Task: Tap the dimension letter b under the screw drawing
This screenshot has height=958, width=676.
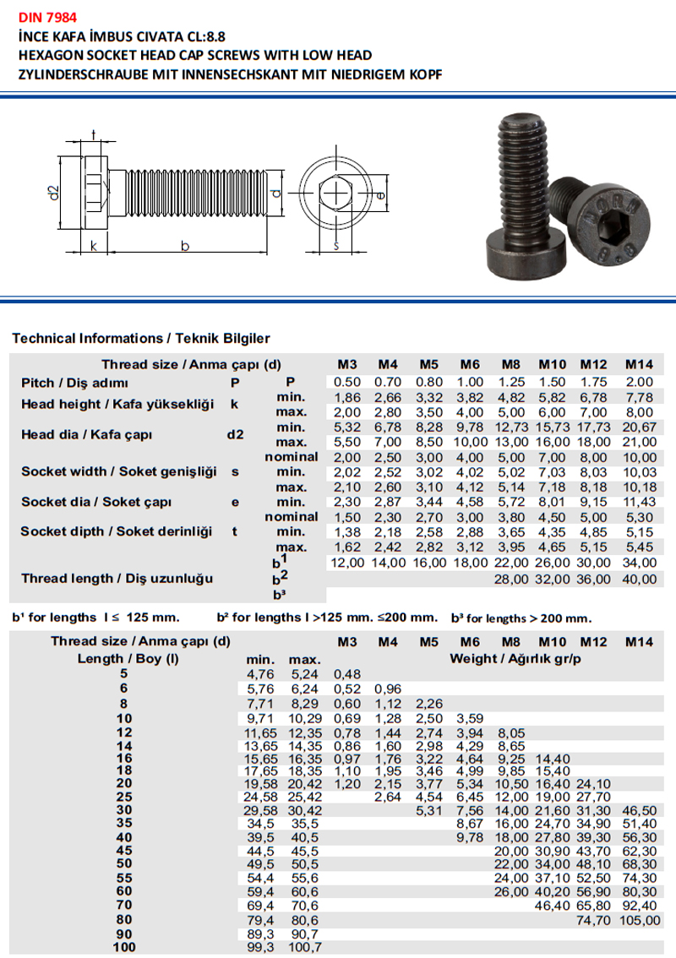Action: [185, 246]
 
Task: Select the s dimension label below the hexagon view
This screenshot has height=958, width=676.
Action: [335, 246]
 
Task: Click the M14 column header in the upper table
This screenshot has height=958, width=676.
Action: [640, 365]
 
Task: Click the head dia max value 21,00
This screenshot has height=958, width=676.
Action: [640, 442]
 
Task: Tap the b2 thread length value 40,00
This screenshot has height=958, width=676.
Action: [640, 579]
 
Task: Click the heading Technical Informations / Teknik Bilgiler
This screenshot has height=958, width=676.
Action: [141, 338]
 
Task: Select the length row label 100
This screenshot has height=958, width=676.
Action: [124, 948]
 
